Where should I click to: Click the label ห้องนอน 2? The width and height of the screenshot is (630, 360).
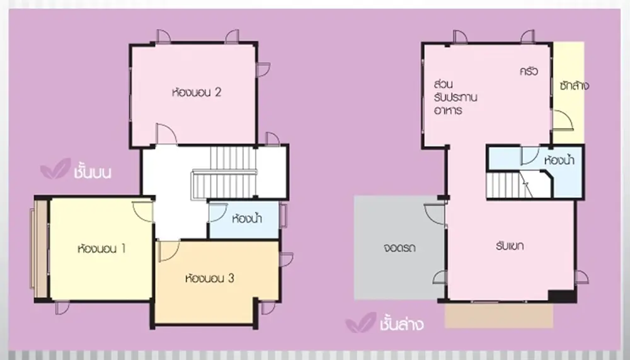tap(197, 93)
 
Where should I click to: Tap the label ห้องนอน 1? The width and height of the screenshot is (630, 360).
tap(101, 248)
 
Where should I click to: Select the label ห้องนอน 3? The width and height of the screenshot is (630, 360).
tap(209, 278)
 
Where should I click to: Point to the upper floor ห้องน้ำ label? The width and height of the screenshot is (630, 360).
tap(247, 219)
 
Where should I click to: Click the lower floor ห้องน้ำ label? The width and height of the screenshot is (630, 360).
tap(559, 160)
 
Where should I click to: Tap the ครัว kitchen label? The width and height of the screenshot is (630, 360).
tap(529, 71)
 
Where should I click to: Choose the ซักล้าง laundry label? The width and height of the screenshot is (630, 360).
tap(574, 85)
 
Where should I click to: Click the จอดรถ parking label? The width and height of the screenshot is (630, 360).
tap(399, 247)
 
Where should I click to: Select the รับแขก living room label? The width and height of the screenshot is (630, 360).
tap(510, 246)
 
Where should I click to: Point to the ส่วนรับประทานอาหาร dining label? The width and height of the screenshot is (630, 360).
tap(455, 97)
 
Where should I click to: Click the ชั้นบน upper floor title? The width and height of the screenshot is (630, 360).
tap(93, 171)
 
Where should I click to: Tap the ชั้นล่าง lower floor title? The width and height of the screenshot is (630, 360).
tap(401, 323)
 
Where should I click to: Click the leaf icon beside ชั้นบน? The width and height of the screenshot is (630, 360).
tap(55, 168)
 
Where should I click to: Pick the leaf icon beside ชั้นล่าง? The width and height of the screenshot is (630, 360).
tap(361, 323)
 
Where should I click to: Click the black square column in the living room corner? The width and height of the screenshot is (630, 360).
tap(563, 296)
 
